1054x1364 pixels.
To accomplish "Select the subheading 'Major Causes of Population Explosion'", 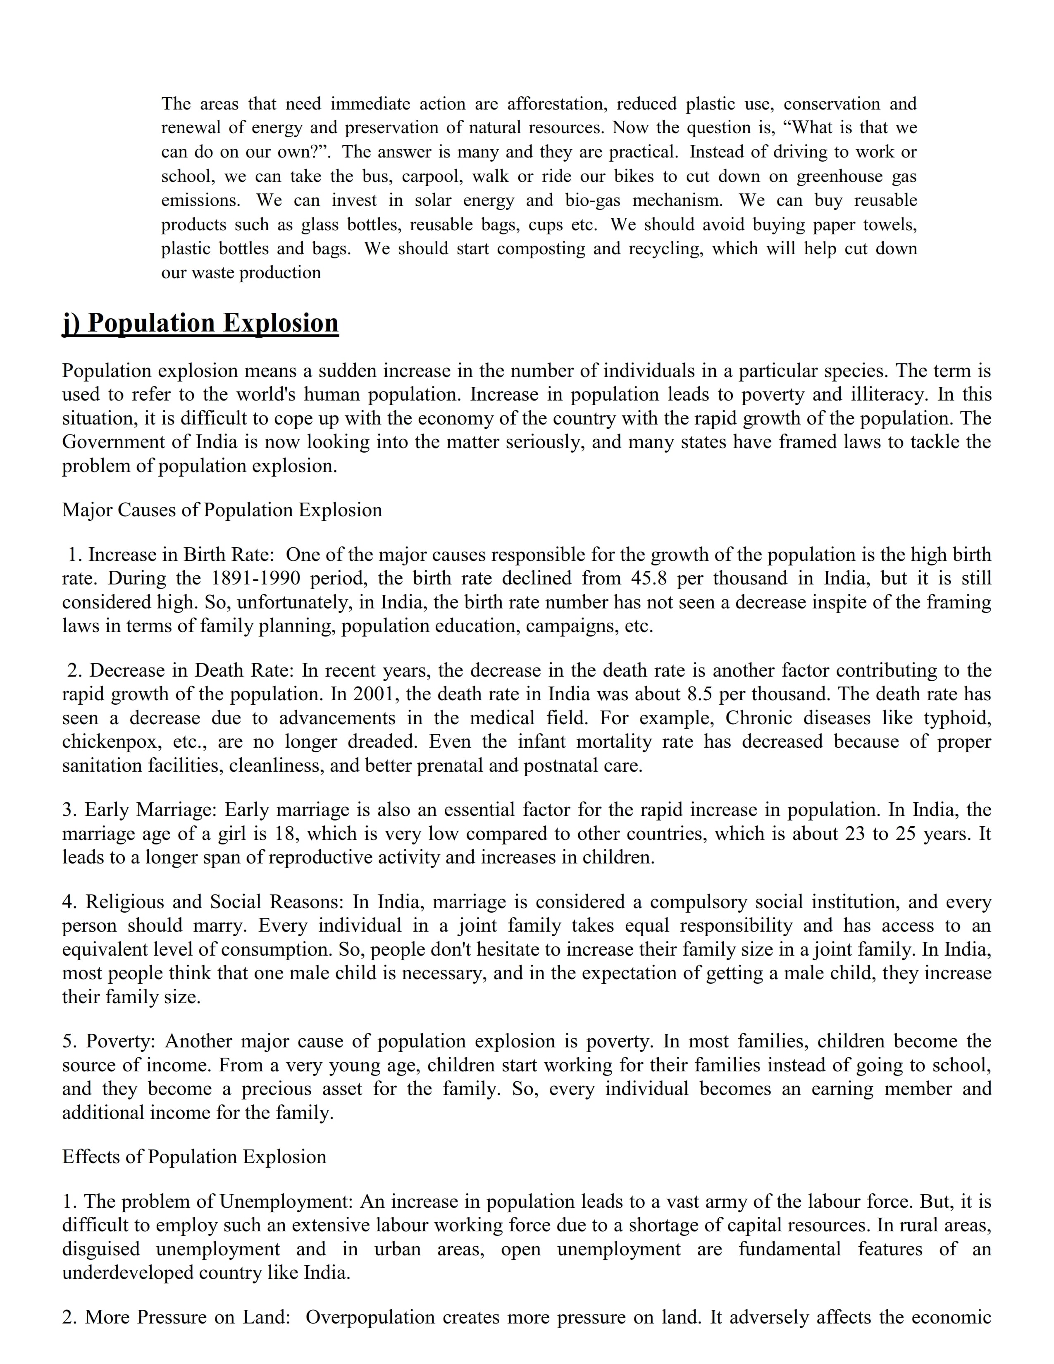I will click(222, 510).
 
